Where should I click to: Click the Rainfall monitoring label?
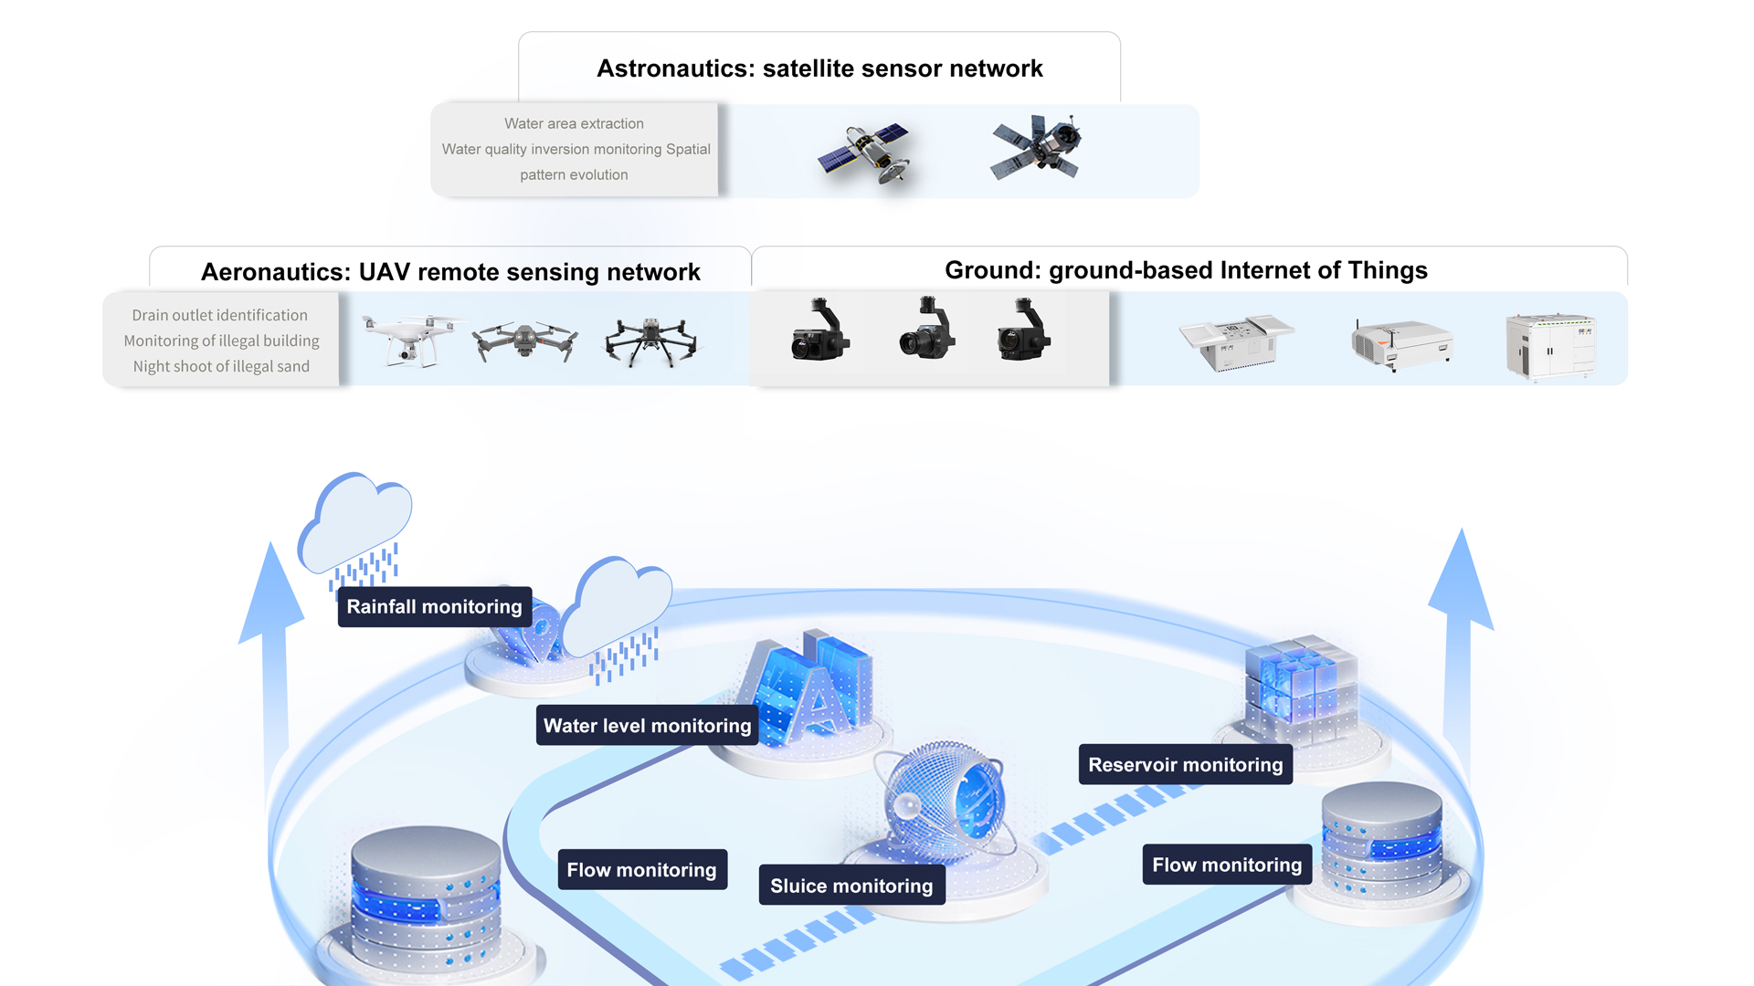434,607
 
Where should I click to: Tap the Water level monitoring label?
647,726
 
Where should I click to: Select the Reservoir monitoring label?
1185,765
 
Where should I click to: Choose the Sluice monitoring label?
851,886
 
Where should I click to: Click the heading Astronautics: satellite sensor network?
819,68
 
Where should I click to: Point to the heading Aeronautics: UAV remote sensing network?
450,272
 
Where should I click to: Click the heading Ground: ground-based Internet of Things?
1186,270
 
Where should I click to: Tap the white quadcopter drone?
410,339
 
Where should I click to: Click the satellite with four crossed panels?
1037,146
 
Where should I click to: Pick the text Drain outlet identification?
219,315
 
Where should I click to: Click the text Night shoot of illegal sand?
221,366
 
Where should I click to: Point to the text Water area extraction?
574,123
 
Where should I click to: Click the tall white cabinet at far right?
1550,346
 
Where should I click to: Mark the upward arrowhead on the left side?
270,593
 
